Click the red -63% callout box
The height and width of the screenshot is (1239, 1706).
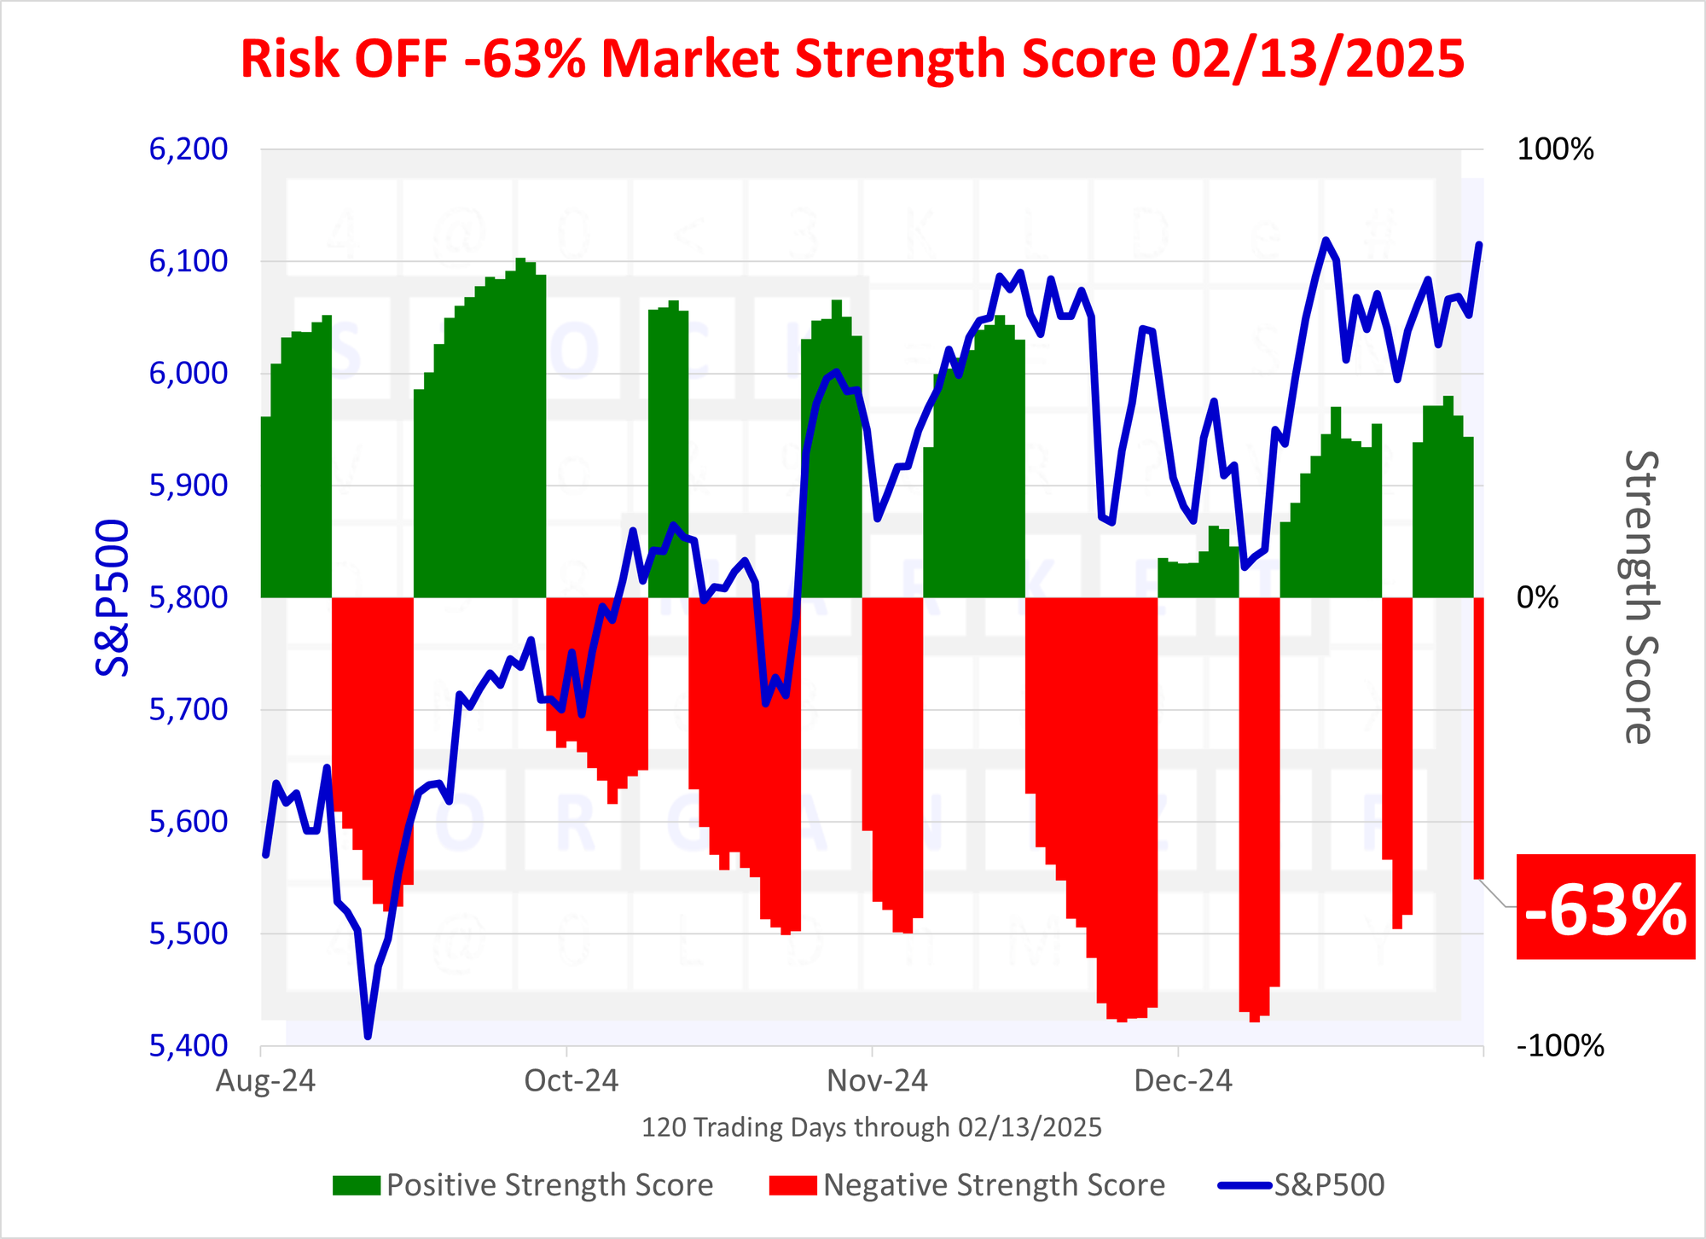pos(1605,907)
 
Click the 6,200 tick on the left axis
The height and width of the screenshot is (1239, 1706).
pos(189,149)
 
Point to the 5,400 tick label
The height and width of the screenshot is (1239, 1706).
pos(189,1045)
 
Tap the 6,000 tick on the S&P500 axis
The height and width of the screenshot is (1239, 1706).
pos(189,373)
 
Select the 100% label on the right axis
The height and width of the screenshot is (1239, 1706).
pos(1555,149)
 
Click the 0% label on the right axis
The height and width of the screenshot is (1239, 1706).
pos(1537,597)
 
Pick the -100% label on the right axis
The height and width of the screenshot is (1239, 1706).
pos(1560,1045)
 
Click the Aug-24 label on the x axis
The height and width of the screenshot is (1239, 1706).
pos(265,1081)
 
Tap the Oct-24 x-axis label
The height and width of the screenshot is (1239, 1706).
pos(571,1081)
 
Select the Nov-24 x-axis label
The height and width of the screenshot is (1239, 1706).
pos(877,1081)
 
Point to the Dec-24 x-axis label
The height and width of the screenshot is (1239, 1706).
pos(1183,1081)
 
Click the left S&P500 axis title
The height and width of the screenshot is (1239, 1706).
pos(113,597)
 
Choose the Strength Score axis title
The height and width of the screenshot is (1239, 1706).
pos(1639,597)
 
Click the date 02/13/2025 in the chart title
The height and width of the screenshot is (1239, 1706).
pos(1317,60)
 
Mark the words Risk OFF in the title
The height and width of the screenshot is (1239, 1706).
pos(344,60)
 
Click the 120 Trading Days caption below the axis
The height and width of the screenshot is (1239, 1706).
pos(871,1127)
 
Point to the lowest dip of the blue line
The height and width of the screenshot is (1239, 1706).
pos(368,1036)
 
